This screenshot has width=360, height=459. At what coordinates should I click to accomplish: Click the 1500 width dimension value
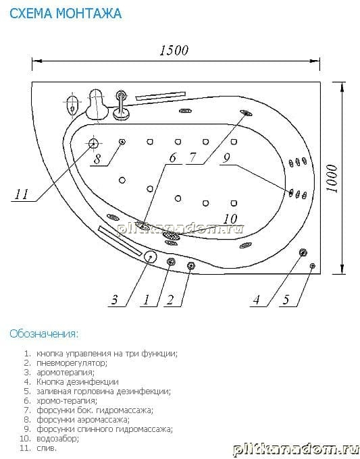[174, 51]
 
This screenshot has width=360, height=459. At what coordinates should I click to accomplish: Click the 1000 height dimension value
[332, 178]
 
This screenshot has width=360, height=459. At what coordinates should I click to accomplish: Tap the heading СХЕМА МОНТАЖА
[66, 13]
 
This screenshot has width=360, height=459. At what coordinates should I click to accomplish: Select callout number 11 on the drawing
[22, 194]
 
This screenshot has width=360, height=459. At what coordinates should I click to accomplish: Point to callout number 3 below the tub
[114, 300]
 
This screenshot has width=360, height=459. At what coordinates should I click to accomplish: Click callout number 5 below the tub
[286, 300]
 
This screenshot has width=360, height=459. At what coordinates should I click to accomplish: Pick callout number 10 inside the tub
[230, 219]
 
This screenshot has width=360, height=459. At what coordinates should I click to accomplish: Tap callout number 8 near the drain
[97, 159]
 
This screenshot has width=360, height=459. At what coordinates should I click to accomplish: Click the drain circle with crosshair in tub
[93, 144]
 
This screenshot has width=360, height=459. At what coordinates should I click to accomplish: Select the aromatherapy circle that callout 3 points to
[150, 257]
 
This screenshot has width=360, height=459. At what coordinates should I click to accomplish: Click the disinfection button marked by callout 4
[303, 252]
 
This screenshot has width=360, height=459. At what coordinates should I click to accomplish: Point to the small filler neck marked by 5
[313, 266]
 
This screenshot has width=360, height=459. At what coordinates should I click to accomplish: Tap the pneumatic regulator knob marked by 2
[191, 265]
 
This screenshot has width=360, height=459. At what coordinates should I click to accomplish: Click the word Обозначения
[44, 333]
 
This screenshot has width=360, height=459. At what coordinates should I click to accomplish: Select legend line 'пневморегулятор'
[72, 363]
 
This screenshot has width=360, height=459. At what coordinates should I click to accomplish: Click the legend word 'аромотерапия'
[66, 373]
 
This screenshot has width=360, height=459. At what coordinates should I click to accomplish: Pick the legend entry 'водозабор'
[57, 439]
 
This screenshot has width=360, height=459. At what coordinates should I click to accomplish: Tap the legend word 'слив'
[47, 448]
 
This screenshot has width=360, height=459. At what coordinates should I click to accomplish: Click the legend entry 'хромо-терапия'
[67, 400]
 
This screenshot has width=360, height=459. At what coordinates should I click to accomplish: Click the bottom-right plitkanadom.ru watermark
[296, 450]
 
